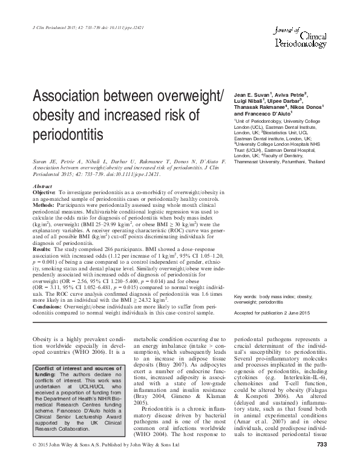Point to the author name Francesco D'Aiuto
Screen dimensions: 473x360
(x=266, y=113)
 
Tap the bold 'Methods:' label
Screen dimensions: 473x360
(x=43, y=188)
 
